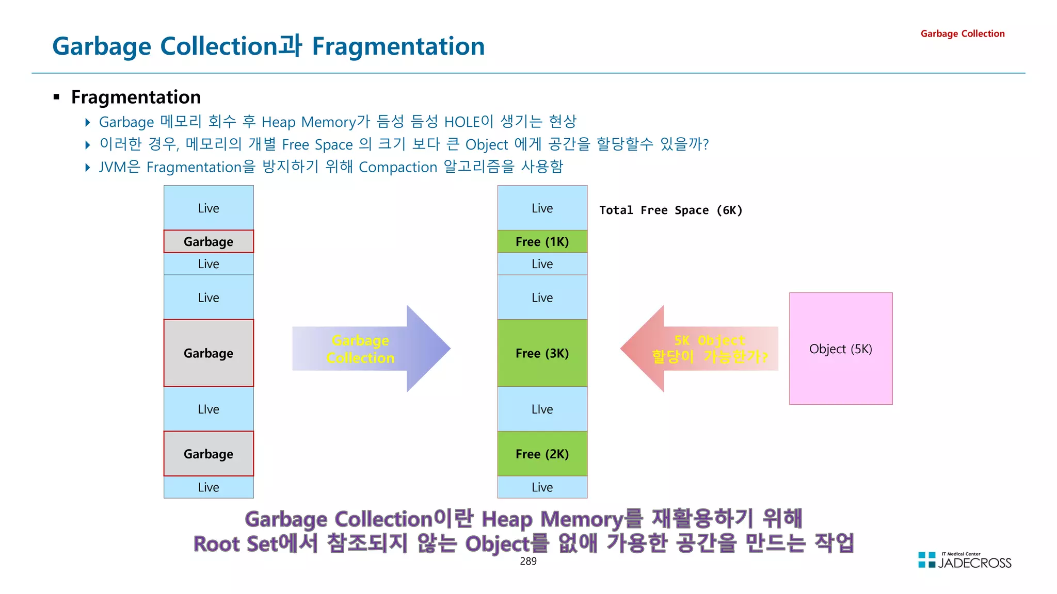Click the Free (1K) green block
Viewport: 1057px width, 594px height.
coord(542,241)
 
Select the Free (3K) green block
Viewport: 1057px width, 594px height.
coord(542,353)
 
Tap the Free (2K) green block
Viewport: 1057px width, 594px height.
coord(542,454)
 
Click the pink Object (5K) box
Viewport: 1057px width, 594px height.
coord(840,349)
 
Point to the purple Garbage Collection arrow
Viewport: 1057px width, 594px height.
coord(372,349)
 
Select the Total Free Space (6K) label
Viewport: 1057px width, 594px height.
coord(670,210)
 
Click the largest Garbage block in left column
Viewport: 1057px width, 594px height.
coord(209,353)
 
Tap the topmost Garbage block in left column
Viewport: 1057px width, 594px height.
coord(209,241)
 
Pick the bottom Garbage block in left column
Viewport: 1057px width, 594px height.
coord(209,454)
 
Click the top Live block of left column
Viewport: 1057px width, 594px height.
coord(209,208)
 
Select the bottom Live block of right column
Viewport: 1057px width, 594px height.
coord(542,487)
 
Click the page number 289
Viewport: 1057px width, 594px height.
coord(528,561)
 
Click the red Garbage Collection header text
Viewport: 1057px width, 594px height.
coord(962,34)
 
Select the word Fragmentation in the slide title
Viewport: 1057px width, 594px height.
coord(398,46)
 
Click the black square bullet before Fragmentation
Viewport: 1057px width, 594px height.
coord(57,97)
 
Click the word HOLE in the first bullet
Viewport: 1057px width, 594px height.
coord(462,122)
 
